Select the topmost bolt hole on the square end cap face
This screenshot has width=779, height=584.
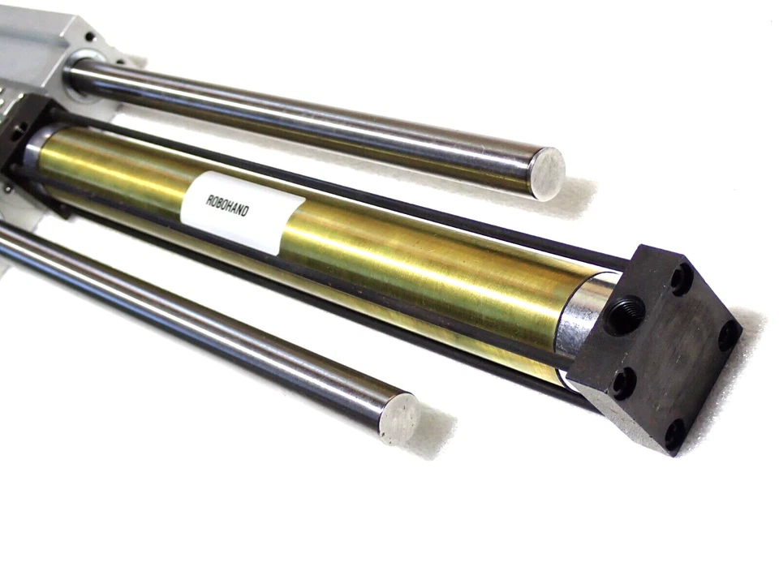click(x=681, y=279)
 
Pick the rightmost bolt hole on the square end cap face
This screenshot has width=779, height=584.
click(x=728, y=333)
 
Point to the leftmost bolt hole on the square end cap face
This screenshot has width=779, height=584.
click(x=623, y=382)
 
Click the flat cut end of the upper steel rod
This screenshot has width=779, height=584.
click(x=548, y=173)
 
